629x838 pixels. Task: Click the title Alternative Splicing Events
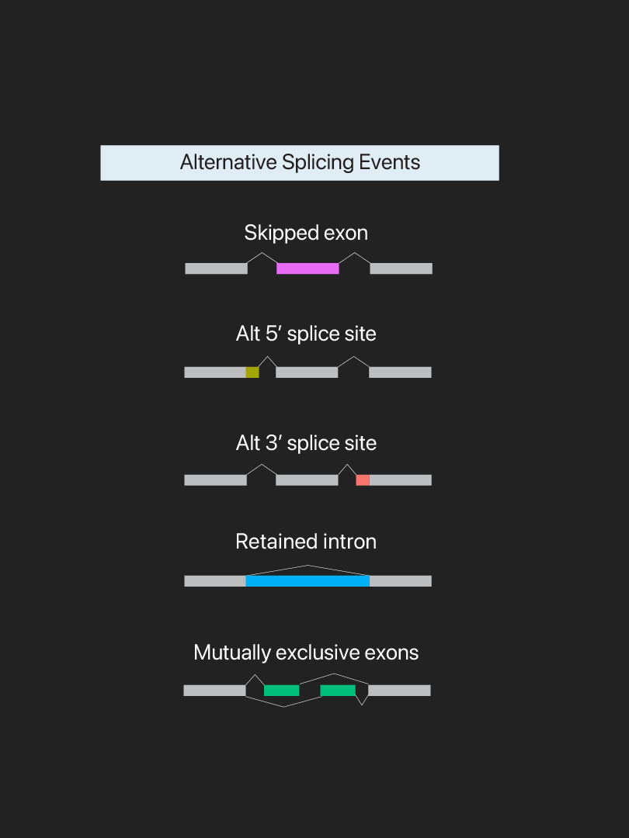point(300,163)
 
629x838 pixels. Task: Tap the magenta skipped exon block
point(308,268)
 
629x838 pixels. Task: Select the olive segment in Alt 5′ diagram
point(252,372)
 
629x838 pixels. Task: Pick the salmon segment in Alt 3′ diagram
point(363,480)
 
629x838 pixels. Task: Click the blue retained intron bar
point(308,580)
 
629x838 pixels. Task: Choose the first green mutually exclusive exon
point(281,691)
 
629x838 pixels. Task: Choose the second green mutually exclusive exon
point(338,691)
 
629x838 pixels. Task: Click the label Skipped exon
point(306,233)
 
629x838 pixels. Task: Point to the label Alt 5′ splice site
point(306,334)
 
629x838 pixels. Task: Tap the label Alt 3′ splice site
point(306,443)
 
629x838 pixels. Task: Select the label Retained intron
point(306,542)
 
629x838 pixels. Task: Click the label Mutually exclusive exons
point(306,653)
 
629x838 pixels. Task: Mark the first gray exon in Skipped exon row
point(216,268)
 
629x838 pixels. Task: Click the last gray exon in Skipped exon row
point(401,268)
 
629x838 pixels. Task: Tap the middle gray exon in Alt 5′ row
point(307,372)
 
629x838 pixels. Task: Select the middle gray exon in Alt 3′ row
point(307,480)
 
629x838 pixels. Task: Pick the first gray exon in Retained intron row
point(215,580)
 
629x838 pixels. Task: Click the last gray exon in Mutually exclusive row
point(399,691)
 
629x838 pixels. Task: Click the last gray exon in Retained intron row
point(400,580)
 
